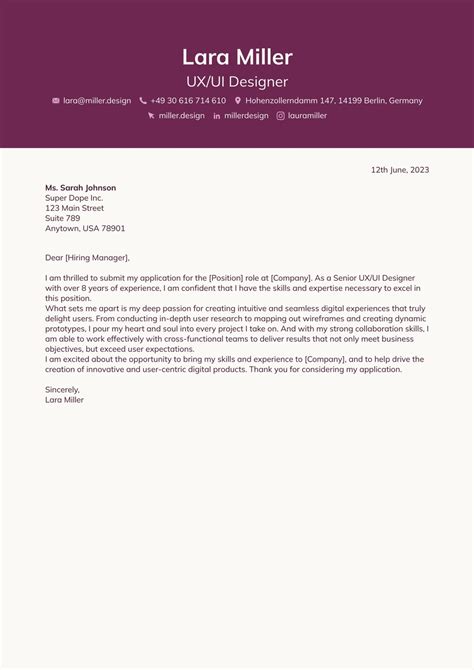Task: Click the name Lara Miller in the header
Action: [237, 56]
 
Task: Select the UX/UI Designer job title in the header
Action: [237, 81]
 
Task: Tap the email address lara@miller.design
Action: [97, 101]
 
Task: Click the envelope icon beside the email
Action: [56, 101]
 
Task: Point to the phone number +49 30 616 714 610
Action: [188, 101]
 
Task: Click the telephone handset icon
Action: [143, 101]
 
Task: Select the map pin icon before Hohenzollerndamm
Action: [238, 101]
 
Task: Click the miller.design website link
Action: [181, 116]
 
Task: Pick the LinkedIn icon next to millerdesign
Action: [217, 116]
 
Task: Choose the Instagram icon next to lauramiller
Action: [280, 116]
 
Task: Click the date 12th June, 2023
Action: [400, 170]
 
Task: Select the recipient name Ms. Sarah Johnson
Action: [80, 188]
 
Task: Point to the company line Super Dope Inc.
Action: [74, 198]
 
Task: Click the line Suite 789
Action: [62, 218]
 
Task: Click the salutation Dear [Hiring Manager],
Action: [87, 257]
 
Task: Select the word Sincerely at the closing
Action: [62, 389]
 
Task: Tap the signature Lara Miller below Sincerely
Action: [65, 399]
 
